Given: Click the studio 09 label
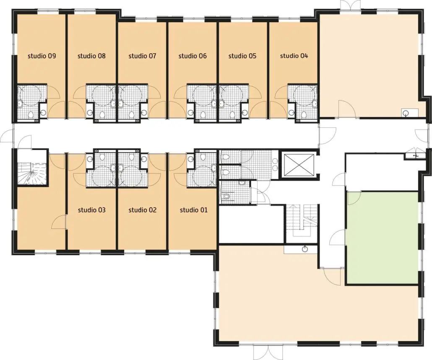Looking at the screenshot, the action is (42, 56).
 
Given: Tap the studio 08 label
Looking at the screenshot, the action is (91, 56).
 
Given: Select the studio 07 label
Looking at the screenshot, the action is (142, 56).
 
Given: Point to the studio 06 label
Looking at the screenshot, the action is (193, 56).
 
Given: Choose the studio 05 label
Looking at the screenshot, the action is (242, 56).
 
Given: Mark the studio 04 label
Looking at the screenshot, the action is (294, 56).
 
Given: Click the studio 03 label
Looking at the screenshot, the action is (92, 210).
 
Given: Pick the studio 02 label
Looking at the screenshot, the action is (143, 210).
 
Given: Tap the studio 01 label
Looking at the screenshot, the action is (194, 210).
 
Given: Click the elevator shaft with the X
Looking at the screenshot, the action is (299, 165).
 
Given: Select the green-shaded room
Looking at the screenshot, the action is (383, 238).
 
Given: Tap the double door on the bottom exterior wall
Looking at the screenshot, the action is (260, 352).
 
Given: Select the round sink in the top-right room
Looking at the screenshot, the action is (405, 113).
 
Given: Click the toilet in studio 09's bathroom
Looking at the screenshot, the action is (31, 114).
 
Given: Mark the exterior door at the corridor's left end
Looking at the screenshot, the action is (7, 136).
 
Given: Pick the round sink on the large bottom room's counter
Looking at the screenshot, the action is (305, 249).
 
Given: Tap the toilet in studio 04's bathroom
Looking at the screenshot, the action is (304, 114).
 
